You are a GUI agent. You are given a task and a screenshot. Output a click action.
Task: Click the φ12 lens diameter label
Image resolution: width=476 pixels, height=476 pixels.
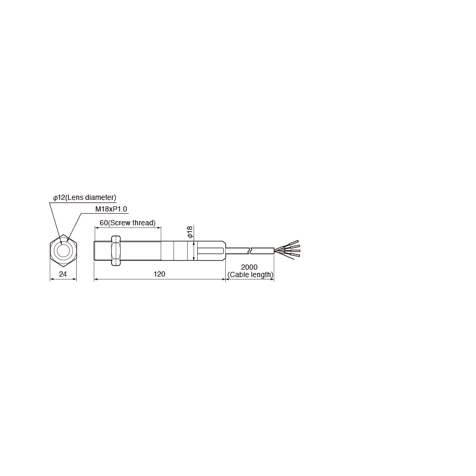(85, 198)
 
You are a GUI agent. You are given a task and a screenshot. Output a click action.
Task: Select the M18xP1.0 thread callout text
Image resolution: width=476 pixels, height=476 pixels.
(111, 209)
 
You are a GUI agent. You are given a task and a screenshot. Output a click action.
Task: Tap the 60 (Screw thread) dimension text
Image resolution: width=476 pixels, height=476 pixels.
(127, 223)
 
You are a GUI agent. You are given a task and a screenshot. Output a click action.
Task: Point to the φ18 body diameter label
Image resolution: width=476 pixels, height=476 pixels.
(190, 232)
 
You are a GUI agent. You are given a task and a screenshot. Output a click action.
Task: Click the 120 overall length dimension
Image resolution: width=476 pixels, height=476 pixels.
(159, 274)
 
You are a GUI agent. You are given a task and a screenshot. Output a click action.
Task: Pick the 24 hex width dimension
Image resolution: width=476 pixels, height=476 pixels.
(63, 274)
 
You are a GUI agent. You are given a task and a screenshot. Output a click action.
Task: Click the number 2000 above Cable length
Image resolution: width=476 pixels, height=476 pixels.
(249, 267)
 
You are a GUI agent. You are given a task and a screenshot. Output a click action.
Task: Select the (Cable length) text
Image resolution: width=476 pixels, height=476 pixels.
(251, 274)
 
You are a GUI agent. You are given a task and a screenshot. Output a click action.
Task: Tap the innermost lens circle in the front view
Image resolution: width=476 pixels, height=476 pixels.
(63, 251)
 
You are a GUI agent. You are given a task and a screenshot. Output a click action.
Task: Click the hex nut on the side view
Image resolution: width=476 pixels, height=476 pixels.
(115, 251)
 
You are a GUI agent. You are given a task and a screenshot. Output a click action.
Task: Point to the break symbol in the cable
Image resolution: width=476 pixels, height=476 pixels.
(250, 251)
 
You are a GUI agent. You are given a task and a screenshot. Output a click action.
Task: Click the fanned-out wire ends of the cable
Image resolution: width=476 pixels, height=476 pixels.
(287, 250)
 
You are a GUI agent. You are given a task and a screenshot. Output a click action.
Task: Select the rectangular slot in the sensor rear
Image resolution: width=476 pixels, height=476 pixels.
(210, 251)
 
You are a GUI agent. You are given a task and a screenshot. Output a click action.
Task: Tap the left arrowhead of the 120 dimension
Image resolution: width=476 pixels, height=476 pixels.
(96, 279)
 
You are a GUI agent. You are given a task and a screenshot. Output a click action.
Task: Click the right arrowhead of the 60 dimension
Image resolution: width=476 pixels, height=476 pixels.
(159, 227)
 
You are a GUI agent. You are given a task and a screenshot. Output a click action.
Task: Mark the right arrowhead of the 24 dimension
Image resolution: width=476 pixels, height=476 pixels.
(75, 279)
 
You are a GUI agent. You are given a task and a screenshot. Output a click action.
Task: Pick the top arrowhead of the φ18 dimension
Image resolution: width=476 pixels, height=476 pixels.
(194, 243)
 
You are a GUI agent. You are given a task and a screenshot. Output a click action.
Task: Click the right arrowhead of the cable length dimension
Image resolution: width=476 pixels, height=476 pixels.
(272, 279)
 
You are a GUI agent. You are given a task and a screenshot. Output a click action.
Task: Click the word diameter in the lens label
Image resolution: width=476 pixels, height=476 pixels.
(100, 198)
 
